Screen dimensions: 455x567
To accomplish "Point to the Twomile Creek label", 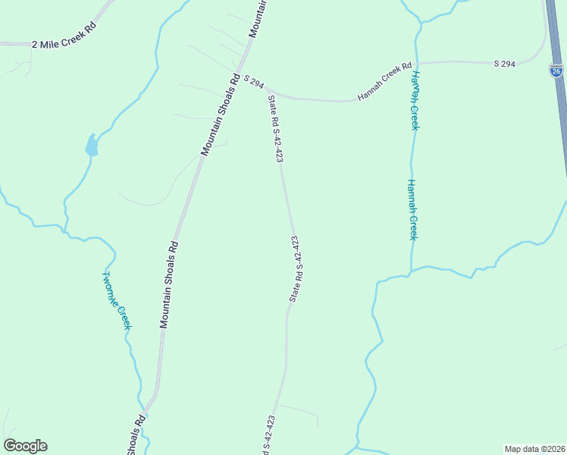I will click(117, 300).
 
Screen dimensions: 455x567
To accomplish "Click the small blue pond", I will click(92, 145).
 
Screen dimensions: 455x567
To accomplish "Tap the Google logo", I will click(25, 445).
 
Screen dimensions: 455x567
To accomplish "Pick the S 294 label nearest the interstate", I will click(504, 64).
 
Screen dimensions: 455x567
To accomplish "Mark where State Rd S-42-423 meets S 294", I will click(268, 90).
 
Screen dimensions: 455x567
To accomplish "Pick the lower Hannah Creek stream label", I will click(412, 209).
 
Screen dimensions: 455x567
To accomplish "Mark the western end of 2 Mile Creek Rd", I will click(2, 45).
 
